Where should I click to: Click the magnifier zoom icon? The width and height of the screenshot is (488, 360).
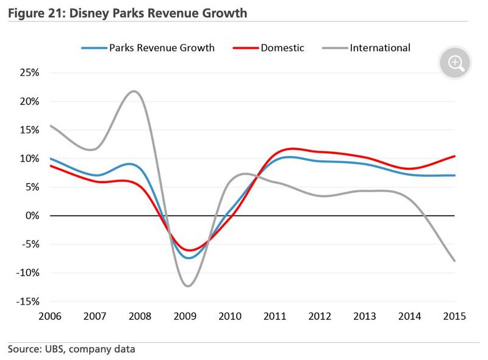point(455,62)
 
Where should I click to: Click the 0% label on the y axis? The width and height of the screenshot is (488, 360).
point(32,216)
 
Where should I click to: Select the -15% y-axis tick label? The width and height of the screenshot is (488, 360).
point(28,301)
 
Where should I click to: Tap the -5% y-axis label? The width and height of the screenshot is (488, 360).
point(30,245)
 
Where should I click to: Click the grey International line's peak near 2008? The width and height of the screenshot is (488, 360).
point(134,92)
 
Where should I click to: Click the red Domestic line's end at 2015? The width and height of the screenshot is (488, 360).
point(455,156)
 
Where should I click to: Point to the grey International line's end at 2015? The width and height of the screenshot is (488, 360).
point(455,261)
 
